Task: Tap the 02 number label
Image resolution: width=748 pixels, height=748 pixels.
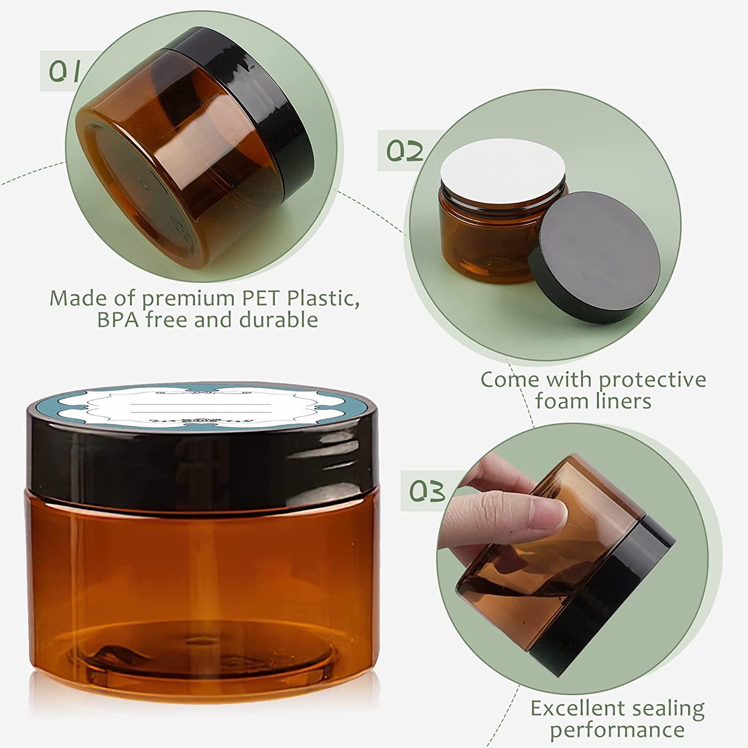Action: pyautogui.click(x=405, y=150)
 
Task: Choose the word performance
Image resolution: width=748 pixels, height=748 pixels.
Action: pyautogui.click(x=617, y=730)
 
